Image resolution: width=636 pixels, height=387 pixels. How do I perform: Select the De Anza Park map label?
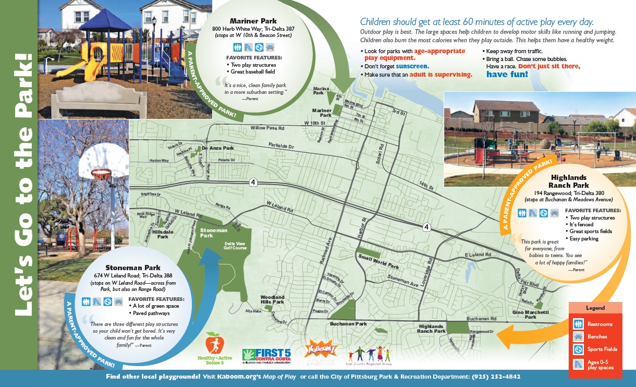pos(218,148)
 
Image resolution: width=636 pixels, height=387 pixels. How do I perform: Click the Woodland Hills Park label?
pos(272,299)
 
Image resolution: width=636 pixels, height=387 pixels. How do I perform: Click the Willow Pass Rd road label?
pos(267,128)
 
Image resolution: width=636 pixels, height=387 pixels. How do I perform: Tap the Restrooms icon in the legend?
pos(578,324)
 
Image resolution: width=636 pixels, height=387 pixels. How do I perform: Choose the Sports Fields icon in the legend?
pos(578,349)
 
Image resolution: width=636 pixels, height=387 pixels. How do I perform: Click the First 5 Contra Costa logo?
pos(266,356)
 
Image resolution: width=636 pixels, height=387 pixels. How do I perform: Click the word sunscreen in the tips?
pos(412,66)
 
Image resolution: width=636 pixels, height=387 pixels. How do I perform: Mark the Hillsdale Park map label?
pos(162,234)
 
